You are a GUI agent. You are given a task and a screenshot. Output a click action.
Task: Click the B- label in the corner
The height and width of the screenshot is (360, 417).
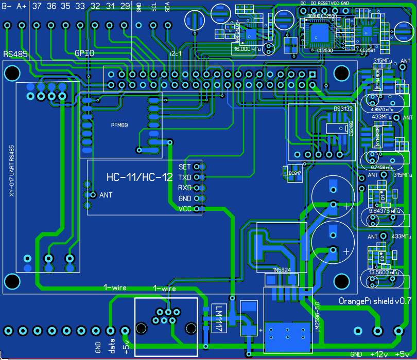[x=7, y=6]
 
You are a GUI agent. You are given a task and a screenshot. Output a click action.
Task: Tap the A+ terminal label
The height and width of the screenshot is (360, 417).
[x=22, y=6]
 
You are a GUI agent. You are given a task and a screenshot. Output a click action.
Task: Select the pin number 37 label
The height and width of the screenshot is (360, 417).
[x=37, y=6]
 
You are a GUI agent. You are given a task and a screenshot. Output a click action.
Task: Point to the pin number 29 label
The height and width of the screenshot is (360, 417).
[x=125, y=6]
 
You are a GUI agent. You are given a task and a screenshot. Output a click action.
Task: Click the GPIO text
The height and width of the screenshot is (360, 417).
[x=84, y=53]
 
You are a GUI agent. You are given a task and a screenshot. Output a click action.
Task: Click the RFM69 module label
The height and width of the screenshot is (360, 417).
[x=119, y=125]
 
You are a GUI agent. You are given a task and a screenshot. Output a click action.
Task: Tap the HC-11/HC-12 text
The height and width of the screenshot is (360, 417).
[x=140, y=178]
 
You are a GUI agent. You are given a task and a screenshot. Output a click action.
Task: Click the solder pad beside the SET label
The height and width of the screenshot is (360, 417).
[x=199, y=167]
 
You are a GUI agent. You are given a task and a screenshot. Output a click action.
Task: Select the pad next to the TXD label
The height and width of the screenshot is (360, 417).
[x=199, y=177]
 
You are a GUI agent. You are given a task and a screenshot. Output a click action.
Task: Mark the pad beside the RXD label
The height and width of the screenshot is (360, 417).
[x=199, y=188]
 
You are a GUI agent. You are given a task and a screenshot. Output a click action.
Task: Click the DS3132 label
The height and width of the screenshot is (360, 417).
[x=343, y=109]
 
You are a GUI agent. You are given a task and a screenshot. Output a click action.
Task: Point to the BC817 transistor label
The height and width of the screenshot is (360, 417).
[x=295, y=173]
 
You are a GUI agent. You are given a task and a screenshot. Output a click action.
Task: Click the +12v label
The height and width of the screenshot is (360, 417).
[x=378, y=354]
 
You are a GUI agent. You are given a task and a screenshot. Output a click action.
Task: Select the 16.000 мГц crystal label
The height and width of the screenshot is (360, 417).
[x=247, y=49]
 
